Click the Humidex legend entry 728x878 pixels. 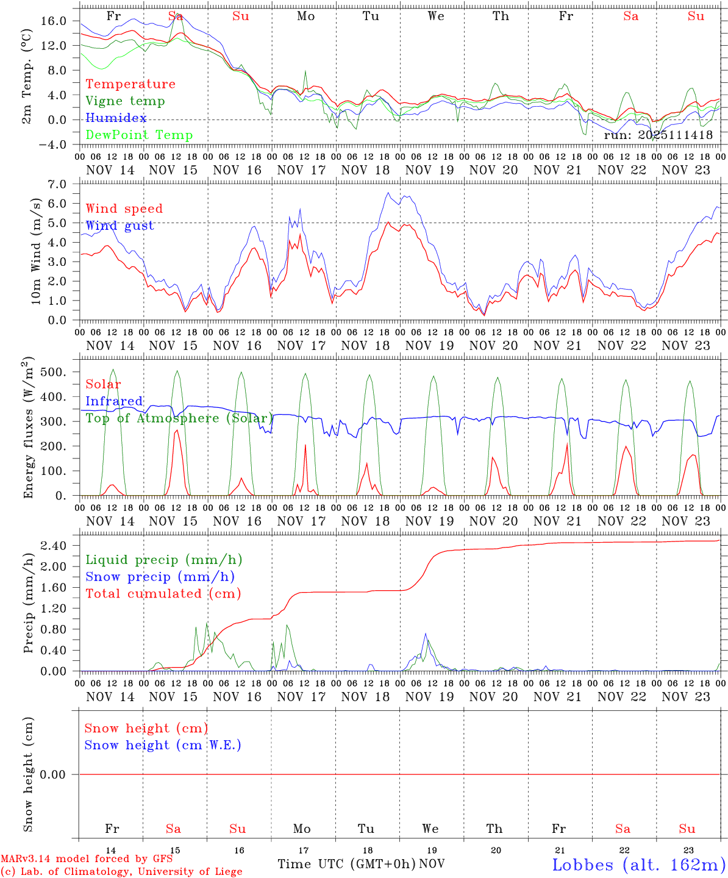tap(116, 118)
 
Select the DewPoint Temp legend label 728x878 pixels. tap(139, 135)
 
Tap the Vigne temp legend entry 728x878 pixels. tap(125, 101)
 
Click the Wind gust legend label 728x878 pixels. tap(120, 226)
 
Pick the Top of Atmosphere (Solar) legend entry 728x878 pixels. tap(179, 418)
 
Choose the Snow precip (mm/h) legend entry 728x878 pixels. tap(160, 577)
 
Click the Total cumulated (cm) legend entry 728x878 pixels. tap(163, 594)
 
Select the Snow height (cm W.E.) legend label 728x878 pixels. tap(163, 745)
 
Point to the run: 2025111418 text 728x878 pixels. tap(658, 135)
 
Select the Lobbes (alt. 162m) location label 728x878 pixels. tap(638, 865)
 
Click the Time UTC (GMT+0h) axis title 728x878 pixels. tap(347, 864)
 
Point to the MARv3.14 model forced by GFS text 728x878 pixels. tap(87, 859)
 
